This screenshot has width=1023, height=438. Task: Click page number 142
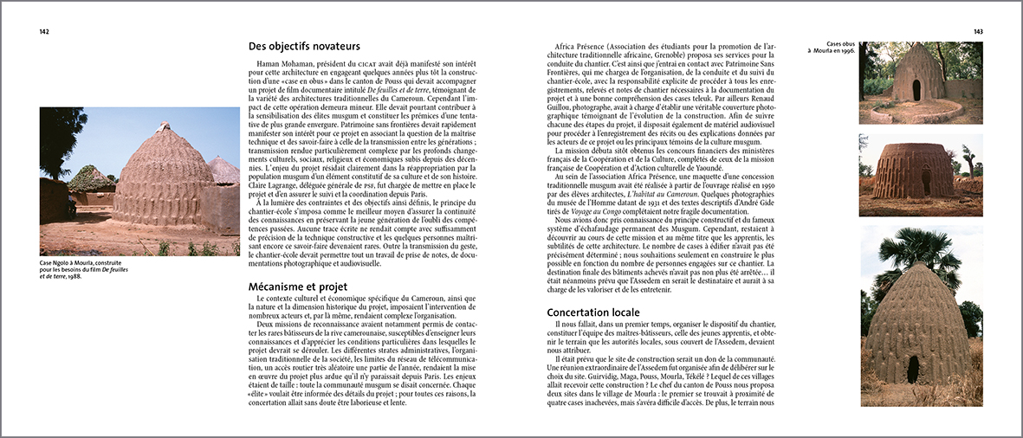(43, 31)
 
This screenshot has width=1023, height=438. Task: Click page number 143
(977, 31)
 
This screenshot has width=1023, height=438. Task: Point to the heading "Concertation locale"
(593, 312)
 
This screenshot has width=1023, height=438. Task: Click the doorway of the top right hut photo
(917, 89)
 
